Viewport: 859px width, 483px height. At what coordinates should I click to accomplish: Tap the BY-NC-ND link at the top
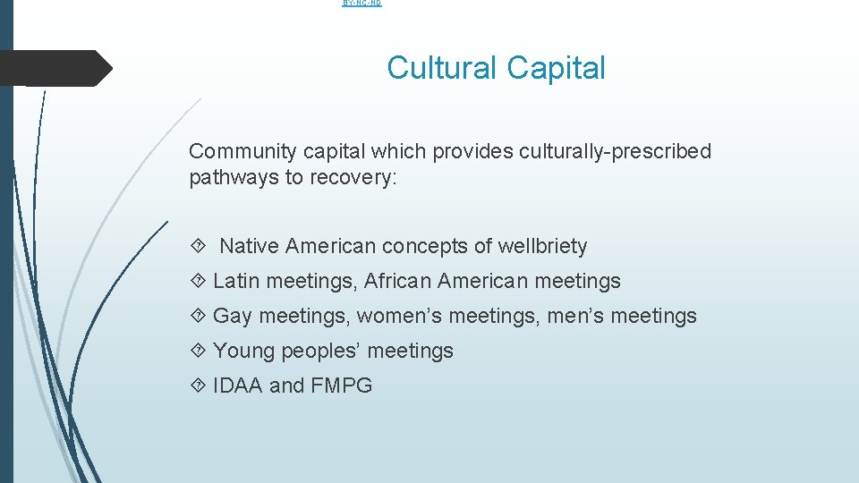tap(362, 4)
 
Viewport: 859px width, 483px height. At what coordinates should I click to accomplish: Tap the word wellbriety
tap(545, 246)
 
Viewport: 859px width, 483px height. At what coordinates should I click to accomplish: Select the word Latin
tap(236, 281)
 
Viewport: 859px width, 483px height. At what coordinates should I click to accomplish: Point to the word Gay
tap(233, 316)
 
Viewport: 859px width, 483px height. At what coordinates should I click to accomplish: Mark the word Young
tap(243, 351)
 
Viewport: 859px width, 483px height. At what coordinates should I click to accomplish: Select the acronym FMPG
tap(341, 386)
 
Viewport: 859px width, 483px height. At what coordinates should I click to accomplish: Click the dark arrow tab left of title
tap(55, 68)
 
